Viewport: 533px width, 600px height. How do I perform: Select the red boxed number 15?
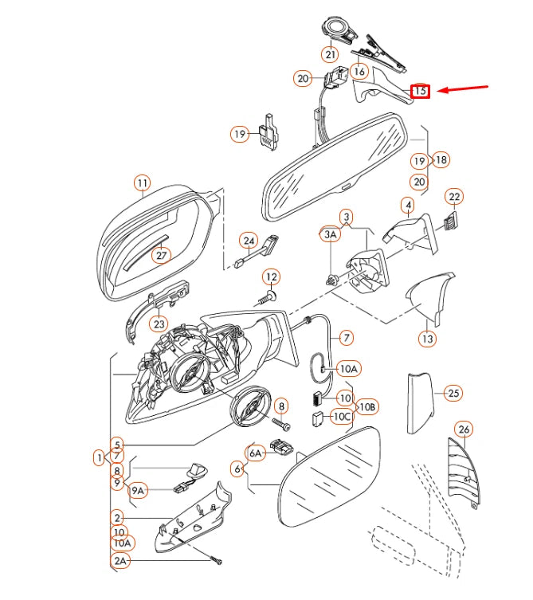pos(420,92)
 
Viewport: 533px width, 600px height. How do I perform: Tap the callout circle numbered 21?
pos(330,54)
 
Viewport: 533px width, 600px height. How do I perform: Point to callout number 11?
pos(142,183)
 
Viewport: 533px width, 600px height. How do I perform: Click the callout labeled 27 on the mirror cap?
pos(162,256)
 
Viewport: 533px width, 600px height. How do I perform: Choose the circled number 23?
pos(159,324)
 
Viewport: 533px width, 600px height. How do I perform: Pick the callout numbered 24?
pos(249,241)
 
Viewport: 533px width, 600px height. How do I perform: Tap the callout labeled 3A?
pos(330,234)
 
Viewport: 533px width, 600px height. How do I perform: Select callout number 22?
pos(454,196)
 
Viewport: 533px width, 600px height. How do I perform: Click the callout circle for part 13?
pos(428,339)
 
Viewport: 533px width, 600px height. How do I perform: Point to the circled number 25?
pos(453,393)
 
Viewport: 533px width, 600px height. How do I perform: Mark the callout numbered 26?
pos(464,430)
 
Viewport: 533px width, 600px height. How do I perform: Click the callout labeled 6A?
pos(255,453)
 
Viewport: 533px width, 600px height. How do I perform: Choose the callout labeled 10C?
pos(342,416)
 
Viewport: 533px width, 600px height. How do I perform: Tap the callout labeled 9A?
pos(138,491)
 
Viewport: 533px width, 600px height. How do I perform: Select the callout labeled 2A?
pos(120,562)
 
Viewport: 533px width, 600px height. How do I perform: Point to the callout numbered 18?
pos(440,160)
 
